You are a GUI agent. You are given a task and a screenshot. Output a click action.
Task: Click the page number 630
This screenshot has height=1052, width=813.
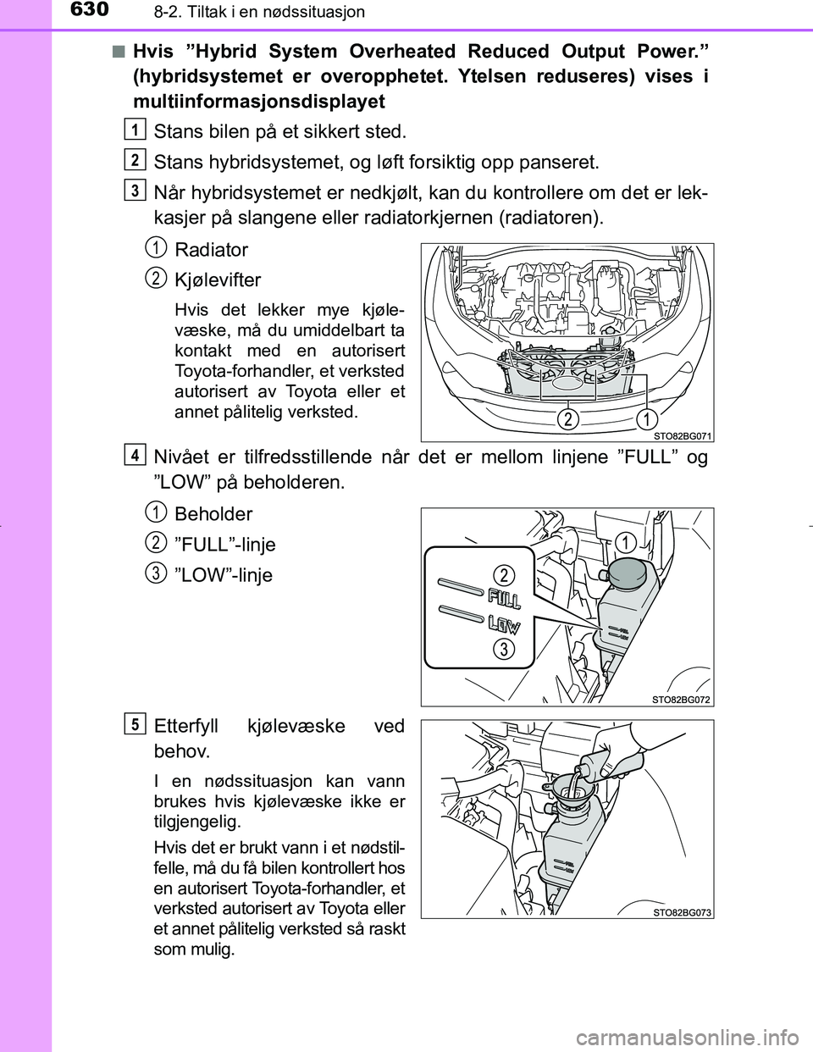[85, 10]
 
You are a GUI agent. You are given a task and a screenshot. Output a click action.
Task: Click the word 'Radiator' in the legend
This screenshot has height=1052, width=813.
[211, 250]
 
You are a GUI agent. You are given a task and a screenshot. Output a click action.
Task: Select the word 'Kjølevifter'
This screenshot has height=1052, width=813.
[218, 280]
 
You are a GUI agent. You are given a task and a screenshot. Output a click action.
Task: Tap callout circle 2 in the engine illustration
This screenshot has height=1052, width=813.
[569, 419]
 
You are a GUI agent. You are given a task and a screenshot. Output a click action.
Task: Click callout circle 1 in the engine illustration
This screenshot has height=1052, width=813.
[648, 419]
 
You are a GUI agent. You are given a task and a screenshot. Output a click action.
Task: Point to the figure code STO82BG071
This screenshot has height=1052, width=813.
[683, 435]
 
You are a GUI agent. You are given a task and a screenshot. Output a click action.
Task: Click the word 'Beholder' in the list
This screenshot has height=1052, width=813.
[213, 514]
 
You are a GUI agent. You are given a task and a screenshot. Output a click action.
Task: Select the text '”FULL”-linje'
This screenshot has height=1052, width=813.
[224, 545]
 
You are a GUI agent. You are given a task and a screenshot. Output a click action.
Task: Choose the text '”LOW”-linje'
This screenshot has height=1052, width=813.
[223, 575]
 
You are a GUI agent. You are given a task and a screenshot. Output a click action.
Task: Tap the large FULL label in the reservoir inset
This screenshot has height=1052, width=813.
[504, 599]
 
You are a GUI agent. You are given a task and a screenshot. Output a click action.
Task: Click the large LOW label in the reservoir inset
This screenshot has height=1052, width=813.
[504, 626]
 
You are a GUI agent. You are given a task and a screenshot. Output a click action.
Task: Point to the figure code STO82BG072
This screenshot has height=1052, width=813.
[681, 699]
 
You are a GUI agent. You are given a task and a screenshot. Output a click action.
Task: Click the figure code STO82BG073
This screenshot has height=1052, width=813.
[682, 911]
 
